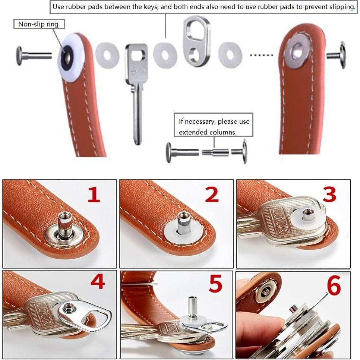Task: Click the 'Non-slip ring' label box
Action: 39,24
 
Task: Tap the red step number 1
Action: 94,195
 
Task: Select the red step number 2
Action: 212,195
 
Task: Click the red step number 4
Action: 97,282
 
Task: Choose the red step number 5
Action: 215,285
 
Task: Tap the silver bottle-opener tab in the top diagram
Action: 197,41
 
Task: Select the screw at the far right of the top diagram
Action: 338,55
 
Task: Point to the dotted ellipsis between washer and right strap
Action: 261,55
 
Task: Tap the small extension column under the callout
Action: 216,152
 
